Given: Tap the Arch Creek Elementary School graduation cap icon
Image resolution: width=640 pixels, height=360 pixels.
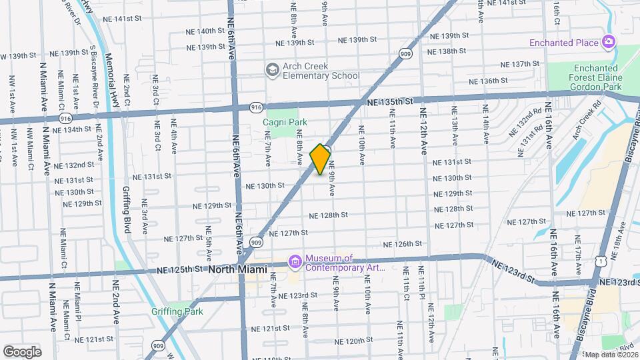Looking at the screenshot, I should click(271, 70).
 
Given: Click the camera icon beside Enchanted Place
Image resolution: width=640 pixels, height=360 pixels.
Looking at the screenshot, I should click(608, 43).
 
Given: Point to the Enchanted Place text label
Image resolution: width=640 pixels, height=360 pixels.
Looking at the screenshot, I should click(564, 43).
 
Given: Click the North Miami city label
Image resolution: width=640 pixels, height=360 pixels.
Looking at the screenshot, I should click(237, 269).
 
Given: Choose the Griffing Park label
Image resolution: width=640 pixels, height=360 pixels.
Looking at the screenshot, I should click(177, 311).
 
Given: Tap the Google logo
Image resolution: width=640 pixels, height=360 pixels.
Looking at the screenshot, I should click(22, 351).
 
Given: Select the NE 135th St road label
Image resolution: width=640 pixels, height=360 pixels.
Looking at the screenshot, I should click(391, 101).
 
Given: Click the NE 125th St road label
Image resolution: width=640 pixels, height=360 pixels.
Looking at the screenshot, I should click(180, 270).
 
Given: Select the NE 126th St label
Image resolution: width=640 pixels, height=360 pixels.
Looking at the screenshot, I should click(403, 244).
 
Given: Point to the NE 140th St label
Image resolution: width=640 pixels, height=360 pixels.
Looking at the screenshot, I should click(201, 31).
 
